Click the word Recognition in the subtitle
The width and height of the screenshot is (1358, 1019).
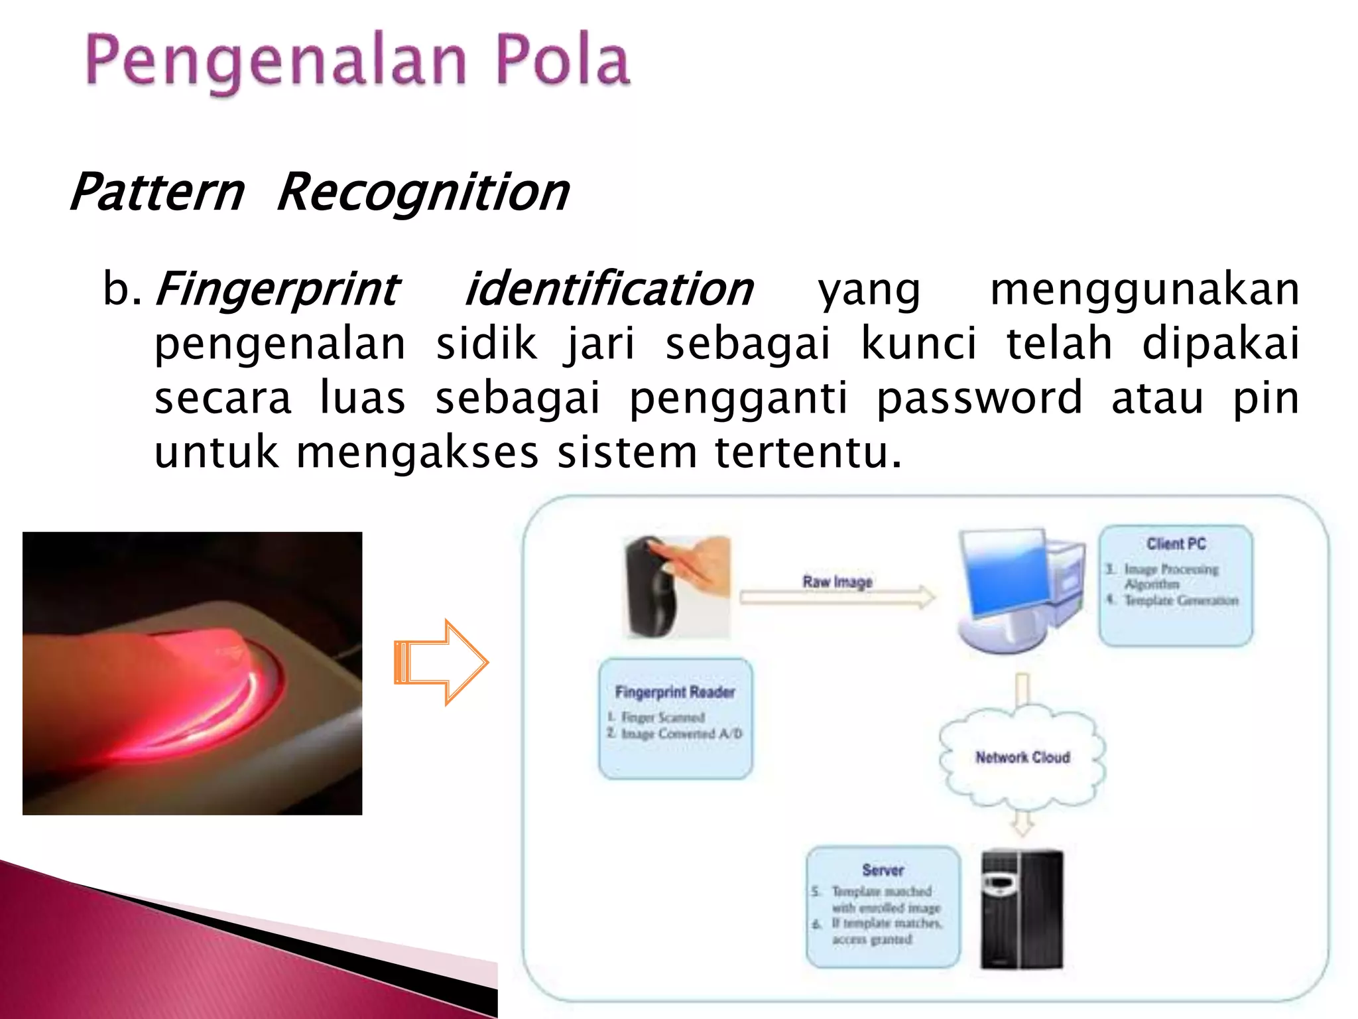[x=423, y=192]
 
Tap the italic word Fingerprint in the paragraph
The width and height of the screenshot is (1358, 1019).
[x=277, y=290]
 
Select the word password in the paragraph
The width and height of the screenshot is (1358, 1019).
[x=979, y=398]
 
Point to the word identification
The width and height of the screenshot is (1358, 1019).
[x=609, y=290]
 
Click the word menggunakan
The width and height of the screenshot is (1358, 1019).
[x=1144, y=290]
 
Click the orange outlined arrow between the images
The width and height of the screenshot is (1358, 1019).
[x=442, y=662]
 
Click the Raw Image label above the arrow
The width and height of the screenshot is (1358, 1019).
[x=837, y=582]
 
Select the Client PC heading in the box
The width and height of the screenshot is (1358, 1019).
[x=1176, y=544]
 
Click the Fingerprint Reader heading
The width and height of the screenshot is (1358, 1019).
[x=675, y=692]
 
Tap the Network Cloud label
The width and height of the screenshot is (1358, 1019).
[x=1022, y=757]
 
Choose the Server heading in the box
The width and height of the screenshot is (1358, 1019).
[x=883, y=870]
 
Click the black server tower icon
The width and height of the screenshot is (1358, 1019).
[x=1022, y=909]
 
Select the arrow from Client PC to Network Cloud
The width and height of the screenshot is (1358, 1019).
[x=1022, y=690]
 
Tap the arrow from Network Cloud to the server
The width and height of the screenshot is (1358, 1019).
[x=1022, y=823]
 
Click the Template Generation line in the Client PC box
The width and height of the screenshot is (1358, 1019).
[x=1180, y=600]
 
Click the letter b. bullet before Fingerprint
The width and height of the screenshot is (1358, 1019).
[x=121, y=290]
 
